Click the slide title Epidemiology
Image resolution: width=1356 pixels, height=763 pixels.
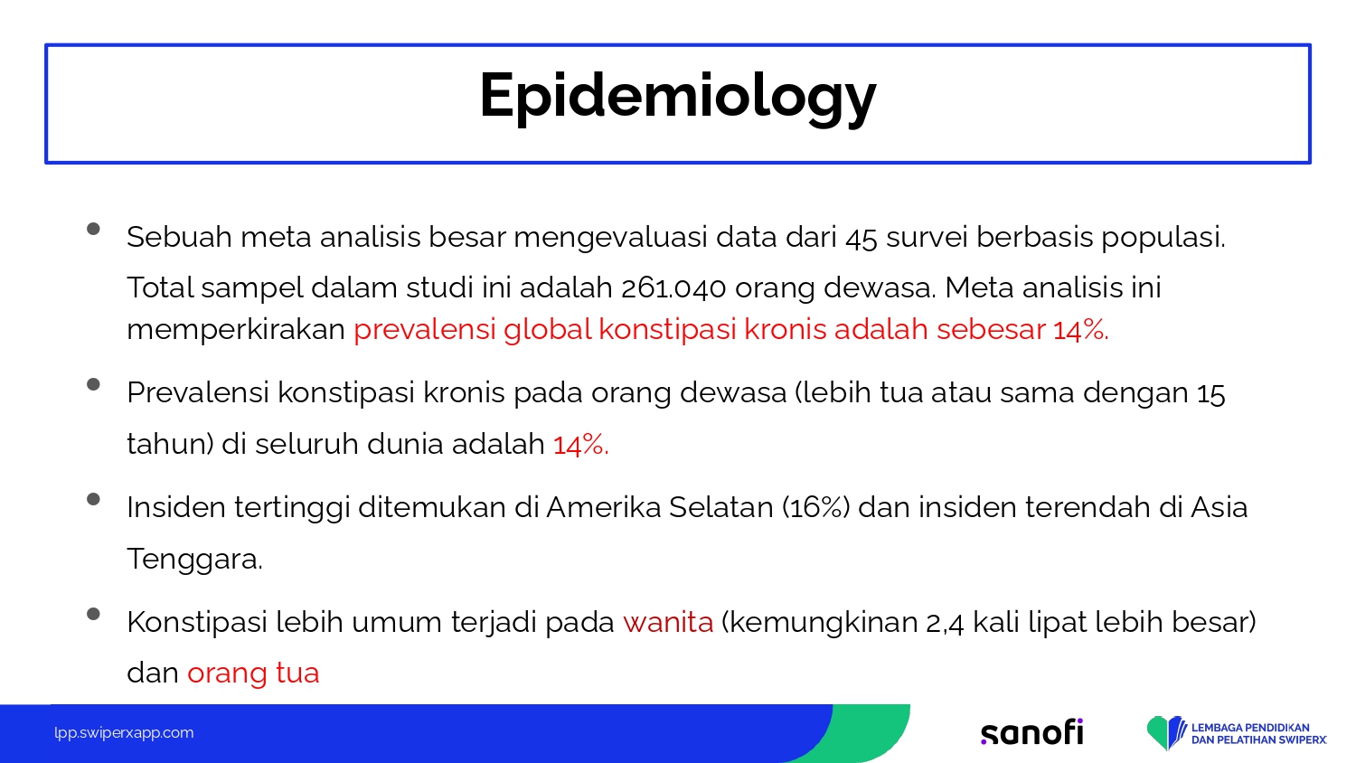pos(677,97)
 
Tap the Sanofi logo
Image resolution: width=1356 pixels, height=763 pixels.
pos(1031,732)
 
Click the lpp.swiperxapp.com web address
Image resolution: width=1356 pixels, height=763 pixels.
pos(124,733)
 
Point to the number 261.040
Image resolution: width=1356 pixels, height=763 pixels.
pos(673,287)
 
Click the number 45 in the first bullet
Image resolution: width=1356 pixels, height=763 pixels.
pos(861,238)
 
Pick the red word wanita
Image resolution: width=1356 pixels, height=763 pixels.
pos(668,623)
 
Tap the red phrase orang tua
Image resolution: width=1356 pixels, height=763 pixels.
pos(253,674)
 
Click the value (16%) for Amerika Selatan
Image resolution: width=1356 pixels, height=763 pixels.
pos(815,507)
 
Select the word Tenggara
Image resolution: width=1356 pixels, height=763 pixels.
pos(194,559)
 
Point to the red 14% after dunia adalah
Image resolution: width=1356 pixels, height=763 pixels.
pos(580,445)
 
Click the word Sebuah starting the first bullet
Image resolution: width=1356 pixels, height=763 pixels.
pos(179,237)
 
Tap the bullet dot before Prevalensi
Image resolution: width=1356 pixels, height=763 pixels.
pos(93,384)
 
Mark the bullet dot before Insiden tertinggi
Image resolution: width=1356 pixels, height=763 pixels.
pos(93,499)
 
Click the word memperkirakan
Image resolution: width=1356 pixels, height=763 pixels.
pos(235,331)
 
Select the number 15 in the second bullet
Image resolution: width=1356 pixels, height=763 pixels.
pos(1210,393)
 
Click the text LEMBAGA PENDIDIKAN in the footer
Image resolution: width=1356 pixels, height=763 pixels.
pos(1250,727)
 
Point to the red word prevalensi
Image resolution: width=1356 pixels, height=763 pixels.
pos(425,331)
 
